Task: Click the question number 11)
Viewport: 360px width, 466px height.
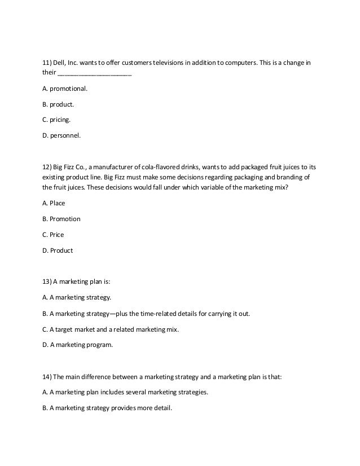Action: coord(49,61)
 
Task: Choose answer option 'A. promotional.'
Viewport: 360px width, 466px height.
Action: coord(65,89)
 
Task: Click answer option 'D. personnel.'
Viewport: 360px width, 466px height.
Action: coord(62,135)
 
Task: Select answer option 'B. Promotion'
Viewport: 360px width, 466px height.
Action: coord(62,219)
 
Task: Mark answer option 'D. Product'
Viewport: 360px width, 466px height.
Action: coord(58,250)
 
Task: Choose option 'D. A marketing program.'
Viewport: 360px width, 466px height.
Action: coord(77,345)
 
